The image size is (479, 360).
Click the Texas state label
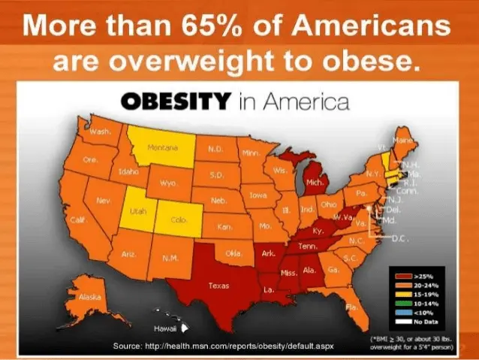pos(218,285)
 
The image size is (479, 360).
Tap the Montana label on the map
pos(162,147)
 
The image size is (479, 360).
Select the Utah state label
pos(137,212)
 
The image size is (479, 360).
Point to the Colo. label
pos(178,220)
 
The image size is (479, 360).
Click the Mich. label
pos(315,182)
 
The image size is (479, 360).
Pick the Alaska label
pos(90,298)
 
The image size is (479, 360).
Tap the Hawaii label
pos(164,328)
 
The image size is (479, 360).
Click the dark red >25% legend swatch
pos(402,276)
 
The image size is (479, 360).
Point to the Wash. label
pos(100,132)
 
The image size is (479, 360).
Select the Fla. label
pos(351,307)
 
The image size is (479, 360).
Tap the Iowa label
pos(258,195)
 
